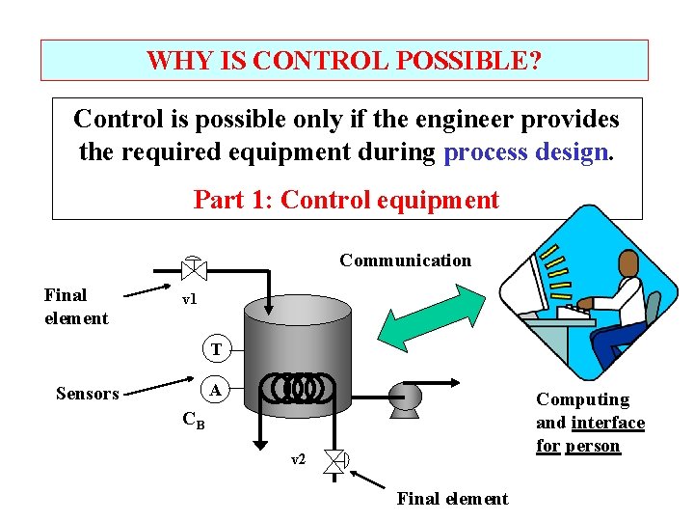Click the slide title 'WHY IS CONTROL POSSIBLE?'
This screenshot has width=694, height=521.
tap(344, 61)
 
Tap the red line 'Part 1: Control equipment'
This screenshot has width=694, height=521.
tap(346, 200)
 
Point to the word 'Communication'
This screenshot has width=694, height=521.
tap(405, 260)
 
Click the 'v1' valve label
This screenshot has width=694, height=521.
tap(189, 299)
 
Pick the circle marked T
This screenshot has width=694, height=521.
tap(216, 349)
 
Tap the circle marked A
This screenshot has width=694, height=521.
tap(216, 390)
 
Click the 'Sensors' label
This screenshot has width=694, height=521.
tap(87, 393)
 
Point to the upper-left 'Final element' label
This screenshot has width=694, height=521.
tap(75, 307)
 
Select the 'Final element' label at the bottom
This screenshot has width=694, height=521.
tap(452, 499)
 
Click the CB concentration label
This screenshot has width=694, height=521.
tap(193, 421)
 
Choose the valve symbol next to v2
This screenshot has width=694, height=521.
tap(335, 462)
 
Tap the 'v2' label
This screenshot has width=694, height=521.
tap(299, 460)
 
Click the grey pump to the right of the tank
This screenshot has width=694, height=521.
tap(406, 397)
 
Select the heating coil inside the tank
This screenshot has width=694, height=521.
tap(303, 389)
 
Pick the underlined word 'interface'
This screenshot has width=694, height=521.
tap(607, 423)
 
